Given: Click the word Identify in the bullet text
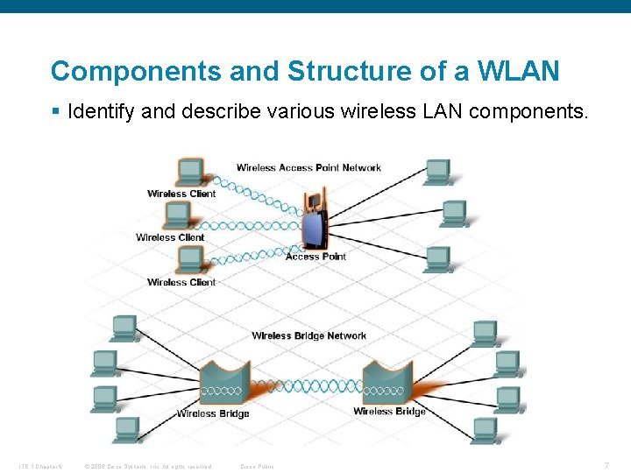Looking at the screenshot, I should tap(97, 112).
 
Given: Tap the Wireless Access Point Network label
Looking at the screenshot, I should tap(308, 167).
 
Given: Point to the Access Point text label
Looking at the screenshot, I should tap(315, 257).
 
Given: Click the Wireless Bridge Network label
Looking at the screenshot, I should tap(308, 335).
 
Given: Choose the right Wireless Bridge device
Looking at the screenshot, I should tap(387, 382).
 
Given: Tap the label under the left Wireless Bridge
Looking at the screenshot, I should tap(213, 413).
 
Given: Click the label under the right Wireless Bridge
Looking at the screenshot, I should tap(389, 412).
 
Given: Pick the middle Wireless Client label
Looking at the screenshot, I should tap(170, 237).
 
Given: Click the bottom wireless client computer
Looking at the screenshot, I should tap(188, 259).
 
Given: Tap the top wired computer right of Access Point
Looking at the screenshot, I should tap(436, 172).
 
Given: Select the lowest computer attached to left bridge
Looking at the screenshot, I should tap(125, 429).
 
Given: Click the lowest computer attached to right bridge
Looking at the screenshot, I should tap(486, 429).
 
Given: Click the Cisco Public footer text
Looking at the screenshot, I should tap(257, 466).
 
